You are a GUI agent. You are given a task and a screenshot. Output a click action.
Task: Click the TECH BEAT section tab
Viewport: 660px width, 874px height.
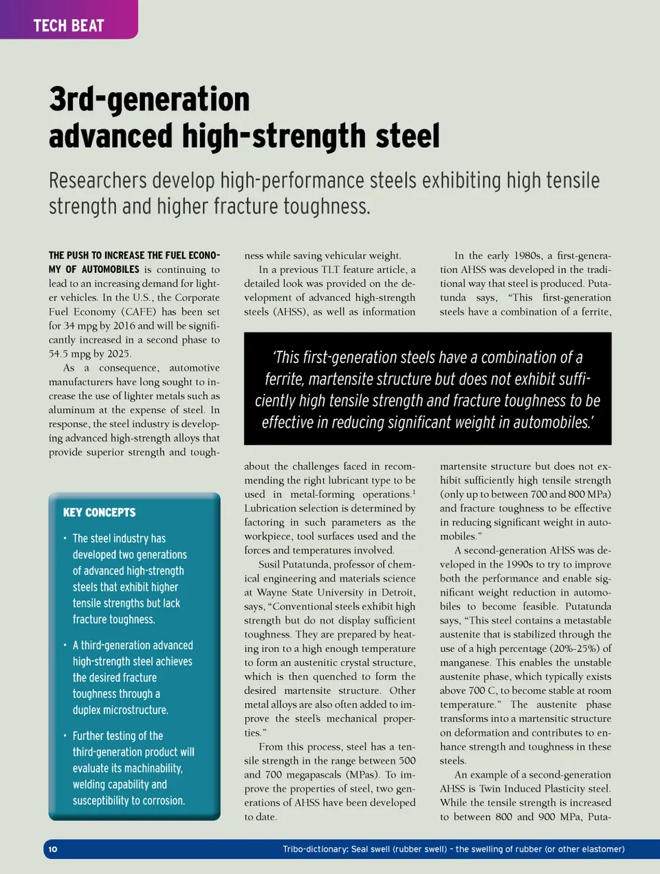pyautogui.click(x=69, y=25)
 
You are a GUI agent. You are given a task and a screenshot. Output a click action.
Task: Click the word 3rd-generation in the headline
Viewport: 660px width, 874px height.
pyautogui.click(x=149, y=99)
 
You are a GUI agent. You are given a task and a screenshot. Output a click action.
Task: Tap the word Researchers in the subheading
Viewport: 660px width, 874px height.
pyautogui.click(x=97, y=181)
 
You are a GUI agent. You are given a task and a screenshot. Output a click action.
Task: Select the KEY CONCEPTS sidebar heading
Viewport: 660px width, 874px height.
pyautogui.click(x=99, y=512)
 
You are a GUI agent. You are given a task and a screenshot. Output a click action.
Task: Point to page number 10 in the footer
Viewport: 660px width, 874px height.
pyautogui.click(x=53, y=849)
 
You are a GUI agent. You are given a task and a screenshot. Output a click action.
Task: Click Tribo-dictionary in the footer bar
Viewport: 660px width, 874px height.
pyautogui.click(x=314, y=849)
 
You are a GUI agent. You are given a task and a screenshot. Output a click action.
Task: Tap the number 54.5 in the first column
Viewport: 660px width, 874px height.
pyautogui.click(x=61, y=353)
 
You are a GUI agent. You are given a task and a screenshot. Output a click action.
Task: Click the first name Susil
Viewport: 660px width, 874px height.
pyautogui.click(x=269, y=565)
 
